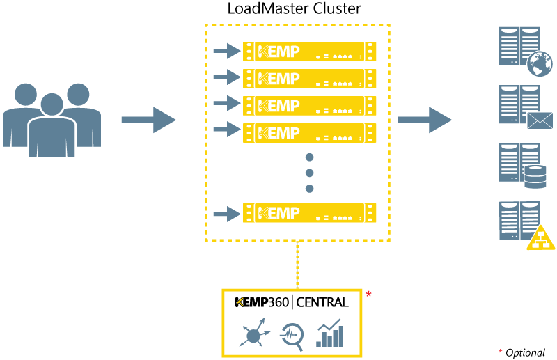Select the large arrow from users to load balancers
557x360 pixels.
[x=148, y=120]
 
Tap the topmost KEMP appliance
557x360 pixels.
[x=309, y=52]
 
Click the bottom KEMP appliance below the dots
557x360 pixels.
[x=309, y=213]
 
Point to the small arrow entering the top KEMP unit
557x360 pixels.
[x=226, y=51]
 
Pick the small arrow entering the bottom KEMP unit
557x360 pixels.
[x=226, y=213]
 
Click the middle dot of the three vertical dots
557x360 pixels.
[x=310, y=173]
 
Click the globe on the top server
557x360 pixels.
[x=540, y=64]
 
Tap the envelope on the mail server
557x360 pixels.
[x=540, y=120]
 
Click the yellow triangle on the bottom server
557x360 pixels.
[x=540, y=238]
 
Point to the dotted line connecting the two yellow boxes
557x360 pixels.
[x=297, y=265]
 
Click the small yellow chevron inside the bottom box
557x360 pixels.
[x=240, y=302]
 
